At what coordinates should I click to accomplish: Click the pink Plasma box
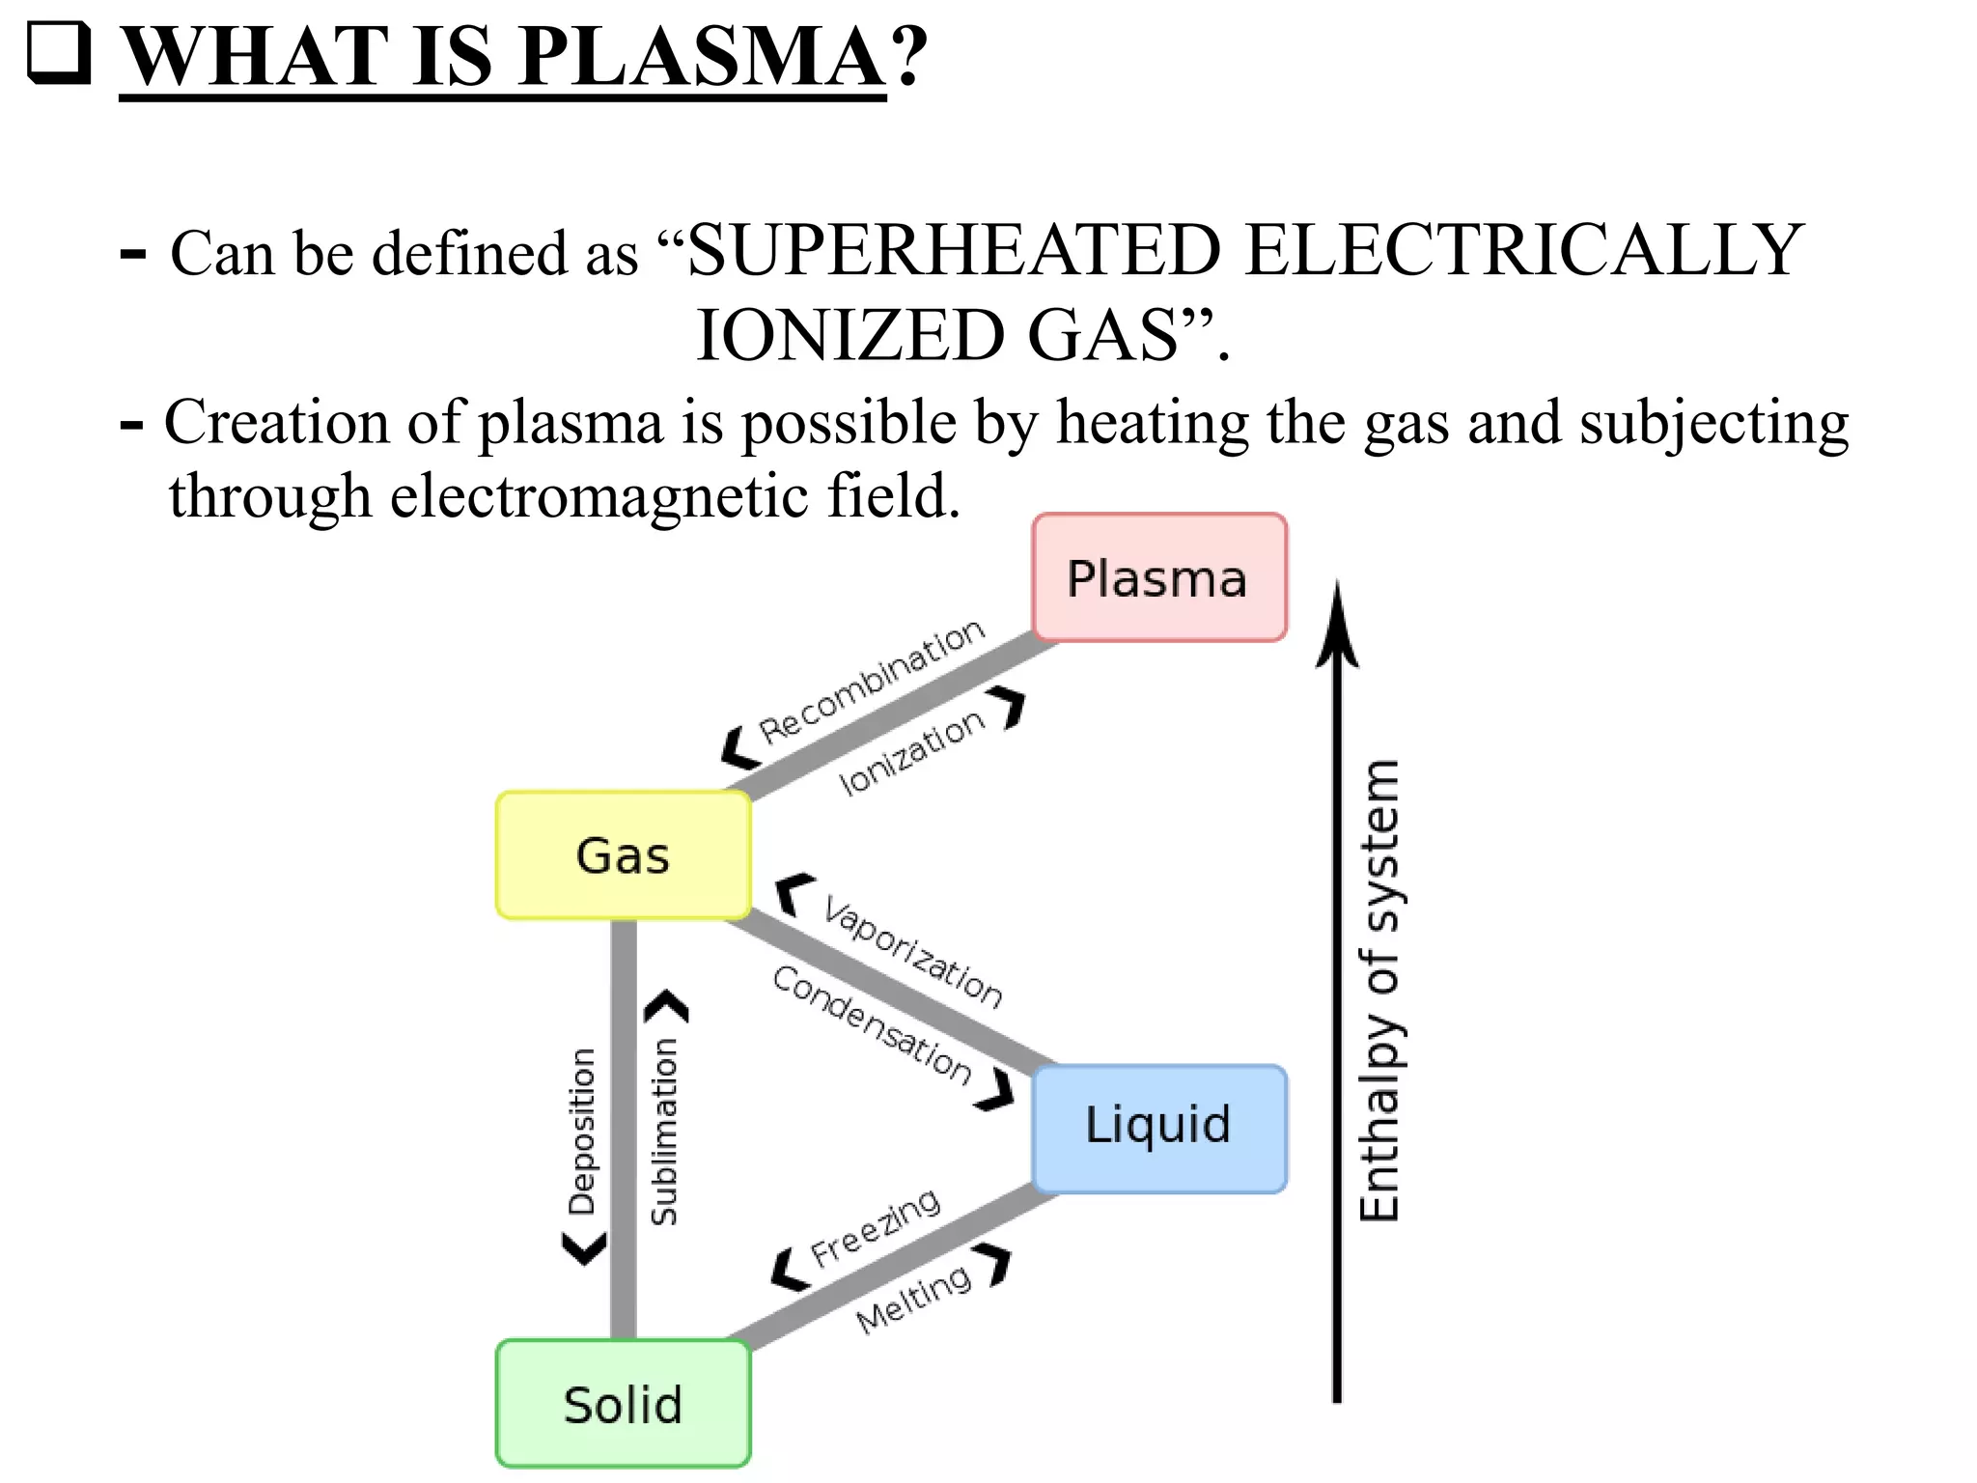pos(1158,577)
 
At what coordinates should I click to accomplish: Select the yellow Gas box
pos(623,855)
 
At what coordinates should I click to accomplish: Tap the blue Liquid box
pos(1158,1128)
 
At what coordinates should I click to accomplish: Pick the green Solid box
pos(623,1404)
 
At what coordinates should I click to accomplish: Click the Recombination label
pos(872,682)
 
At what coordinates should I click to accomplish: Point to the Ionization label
pos(911,754)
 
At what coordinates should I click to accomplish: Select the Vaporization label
pos(912,951)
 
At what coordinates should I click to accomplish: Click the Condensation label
pos(872,1024)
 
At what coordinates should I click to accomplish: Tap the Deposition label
pos(582,1131)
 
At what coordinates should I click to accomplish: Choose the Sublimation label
pos(664,1132)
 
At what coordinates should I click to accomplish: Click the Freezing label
pos(875,1228)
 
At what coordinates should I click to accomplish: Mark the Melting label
pos(913,1299)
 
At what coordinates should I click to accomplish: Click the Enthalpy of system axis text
pos(1378,990)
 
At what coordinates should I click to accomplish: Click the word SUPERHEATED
pos(955,251)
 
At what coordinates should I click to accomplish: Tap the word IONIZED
pos(849,336)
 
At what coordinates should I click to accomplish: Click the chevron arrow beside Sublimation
pos(667,1007)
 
